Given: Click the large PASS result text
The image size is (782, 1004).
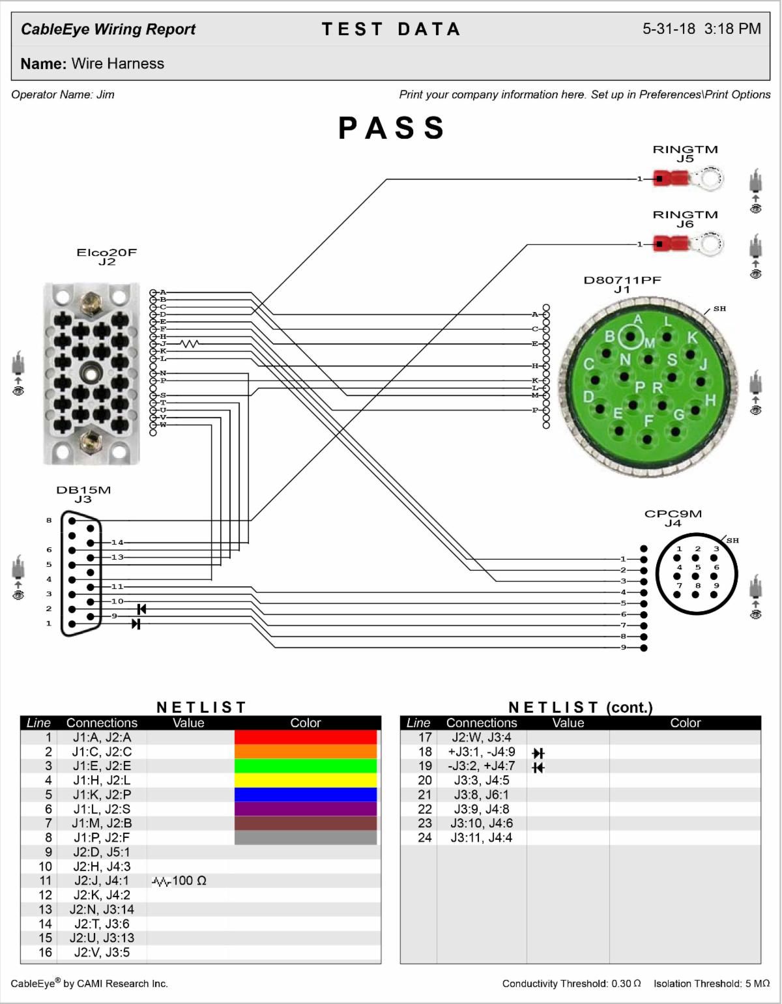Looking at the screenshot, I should pyautogui.click(x=391, y=128).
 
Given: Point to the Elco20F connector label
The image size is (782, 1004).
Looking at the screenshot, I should pyautogui.click(x=107, y=253).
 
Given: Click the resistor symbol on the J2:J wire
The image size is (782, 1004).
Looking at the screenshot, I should pyautogui.click(x=190, y=343).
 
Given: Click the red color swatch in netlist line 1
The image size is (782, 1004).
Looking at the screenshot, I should pyautogui.click(x=305, y=738).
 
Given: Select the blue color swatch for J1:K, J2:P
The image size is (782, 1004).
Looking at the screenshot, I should pyautogui.click(x=305, y=795).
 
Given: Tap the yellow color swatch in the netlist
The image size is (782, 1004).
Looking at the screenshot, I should pyautogui.click(x=305, y=781).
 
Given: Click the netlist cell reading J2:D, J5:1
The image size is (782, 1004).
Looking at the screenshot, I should pyautogui.click(x=102, y=852).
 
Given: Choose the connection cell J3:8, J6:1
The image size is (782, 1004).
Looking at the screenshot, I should pyautogui.click(x=482, y=795).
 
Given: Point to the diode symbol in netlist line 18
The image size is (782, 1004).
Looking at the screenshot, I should pyautogui.click(x=538, y=753).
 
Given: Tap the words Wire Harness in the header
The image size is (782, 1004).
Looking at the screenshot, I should pyautogui.click(x=118, y=64).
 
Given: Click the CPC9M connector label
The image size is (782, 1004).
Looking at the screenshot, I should pyautogui.click(x=673, y=513).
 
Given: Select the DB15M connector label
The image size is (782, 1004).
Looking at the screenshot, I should pyautogui.click(x=83, y=490).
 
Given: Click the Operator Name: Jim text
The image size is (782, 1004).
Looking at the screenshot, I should pyautogui.click(x=63, y=94).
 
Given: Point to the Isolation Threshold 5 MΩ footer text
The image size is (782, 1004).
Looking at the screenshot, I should pyautogui.click(x=712, y=983).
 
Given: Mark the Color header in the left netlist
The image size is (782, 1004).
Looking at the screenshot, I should pyautogui.click(x=305, y=723).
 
